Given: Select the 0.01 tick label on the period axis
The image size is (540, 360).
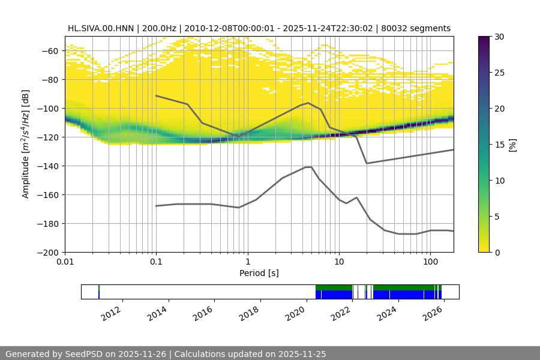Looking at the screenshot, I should point(65,262).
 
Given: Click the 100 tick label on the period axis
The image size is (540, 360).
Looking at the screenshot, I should point(430,262).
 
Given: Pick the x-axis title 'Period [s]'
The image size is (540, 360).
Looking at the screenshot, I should point(259,273).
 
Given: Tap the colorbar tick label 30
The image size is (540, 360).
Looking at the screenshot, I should point(499,37).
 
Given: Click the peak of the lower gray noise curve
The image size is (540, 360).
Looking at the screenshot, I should point(308,167).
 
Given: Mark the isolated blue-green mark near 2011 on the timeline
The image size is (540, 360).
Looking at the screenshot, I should point(99,292).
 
